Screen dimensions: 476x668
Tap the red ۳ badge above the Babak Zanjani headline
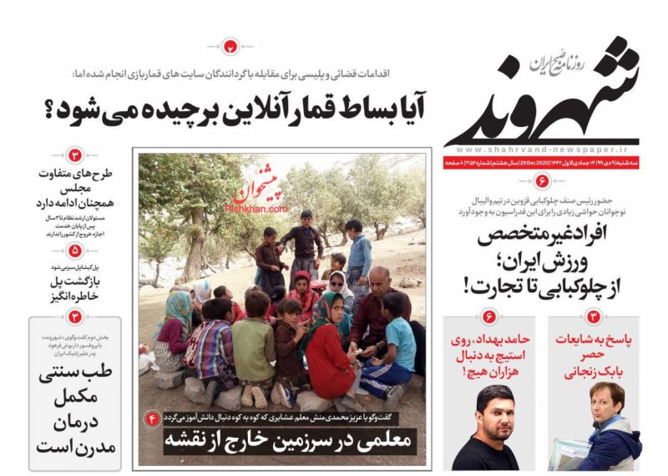coord(595,316)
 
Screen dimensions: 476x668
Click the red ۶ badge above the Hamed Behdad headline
coord(489,316)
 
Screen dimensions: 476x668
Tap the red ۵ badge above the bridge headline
coord(75,250)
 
